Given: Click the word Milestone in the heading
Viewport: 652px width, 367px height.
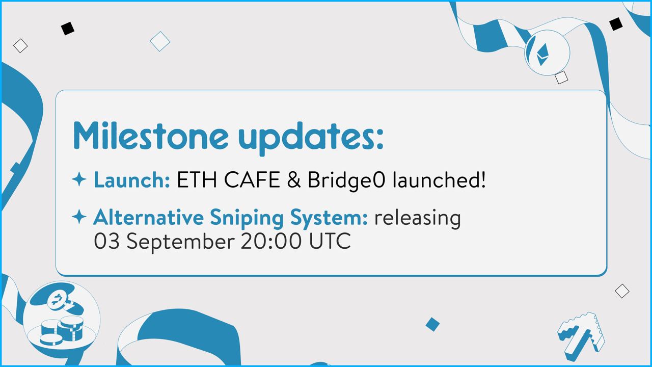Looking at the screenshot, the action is (150, 135).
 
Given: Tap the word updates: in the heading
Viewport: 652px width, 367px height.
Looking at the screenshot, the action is (311, 138).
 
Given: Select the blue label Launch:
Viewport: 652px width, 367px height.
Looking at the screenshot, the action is (132, 180).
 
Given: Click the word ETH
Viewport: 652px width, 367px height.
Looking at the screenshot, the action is (197, 180).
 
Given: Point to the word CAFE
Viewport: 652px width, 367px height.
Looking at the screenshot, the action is (252, 180).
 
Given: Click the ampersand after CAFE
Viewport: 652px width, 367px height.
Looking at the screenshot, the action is (294, 180).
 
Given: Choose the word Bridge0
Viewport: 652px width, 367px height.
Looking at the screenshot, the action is (346, 180).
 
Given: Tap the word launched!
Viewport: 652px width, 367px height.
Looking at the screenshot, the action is (439, 179).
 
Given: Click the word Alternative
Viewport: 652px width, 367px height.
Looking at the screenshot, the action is (148, 217).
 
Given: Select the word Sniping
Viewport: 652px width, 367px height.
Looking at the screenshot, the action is (247, 219).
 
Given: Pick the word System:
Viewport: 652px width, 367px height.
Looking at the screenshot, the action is (329, 219).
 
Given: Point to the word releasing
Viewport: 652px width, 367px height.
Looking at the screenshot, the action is (418, 219).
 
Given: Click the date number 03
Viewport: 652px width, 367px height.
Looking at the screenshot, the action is (106, 241).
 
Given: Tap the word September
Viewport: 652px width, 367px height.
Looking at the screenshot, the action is (180, 242).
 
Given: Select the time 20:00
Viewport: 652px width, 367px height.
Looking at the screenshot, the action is (271, 241).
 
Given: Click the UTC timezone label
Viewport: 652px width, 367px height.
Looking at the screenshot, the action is (330, 241).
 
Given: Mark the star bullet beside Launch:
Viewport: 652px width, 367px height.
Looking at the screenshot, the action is (79, 179).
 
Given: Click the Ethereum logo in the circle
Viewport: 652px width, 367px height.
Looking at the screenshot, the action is (542, 54).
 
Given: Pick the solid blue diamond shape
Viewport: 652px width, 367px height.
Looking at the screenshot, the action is (432, 324).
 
